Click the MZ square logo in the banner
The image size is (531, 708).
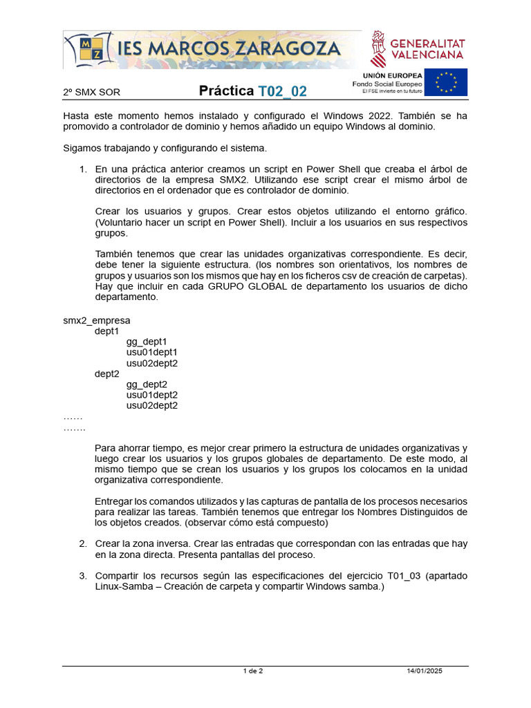pos(91,50)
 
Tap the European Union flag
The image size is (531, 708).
pos(445,82)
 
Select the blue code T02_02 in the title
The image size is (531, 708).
pos(282,91)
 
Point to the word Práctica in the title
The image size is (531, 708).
pos(227,91)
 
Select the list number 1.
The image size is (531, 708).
pos(83,169)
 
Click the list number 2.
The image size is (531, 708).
pos(83,543)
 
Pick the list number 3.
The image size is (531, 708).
pos(83,575)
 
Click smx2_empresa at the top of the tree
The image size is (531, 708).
pos(96,320)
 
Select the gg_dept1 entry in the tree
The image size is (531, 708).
pos(147,342)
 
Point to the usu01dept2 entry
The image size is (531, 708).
pos(151,395)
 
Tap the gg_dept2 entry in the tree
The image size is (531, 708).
pos(147,384)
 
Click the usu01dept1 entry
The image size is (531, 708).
pos(151,352)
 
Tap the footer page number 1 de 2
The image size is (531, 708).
pos(253,671)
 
